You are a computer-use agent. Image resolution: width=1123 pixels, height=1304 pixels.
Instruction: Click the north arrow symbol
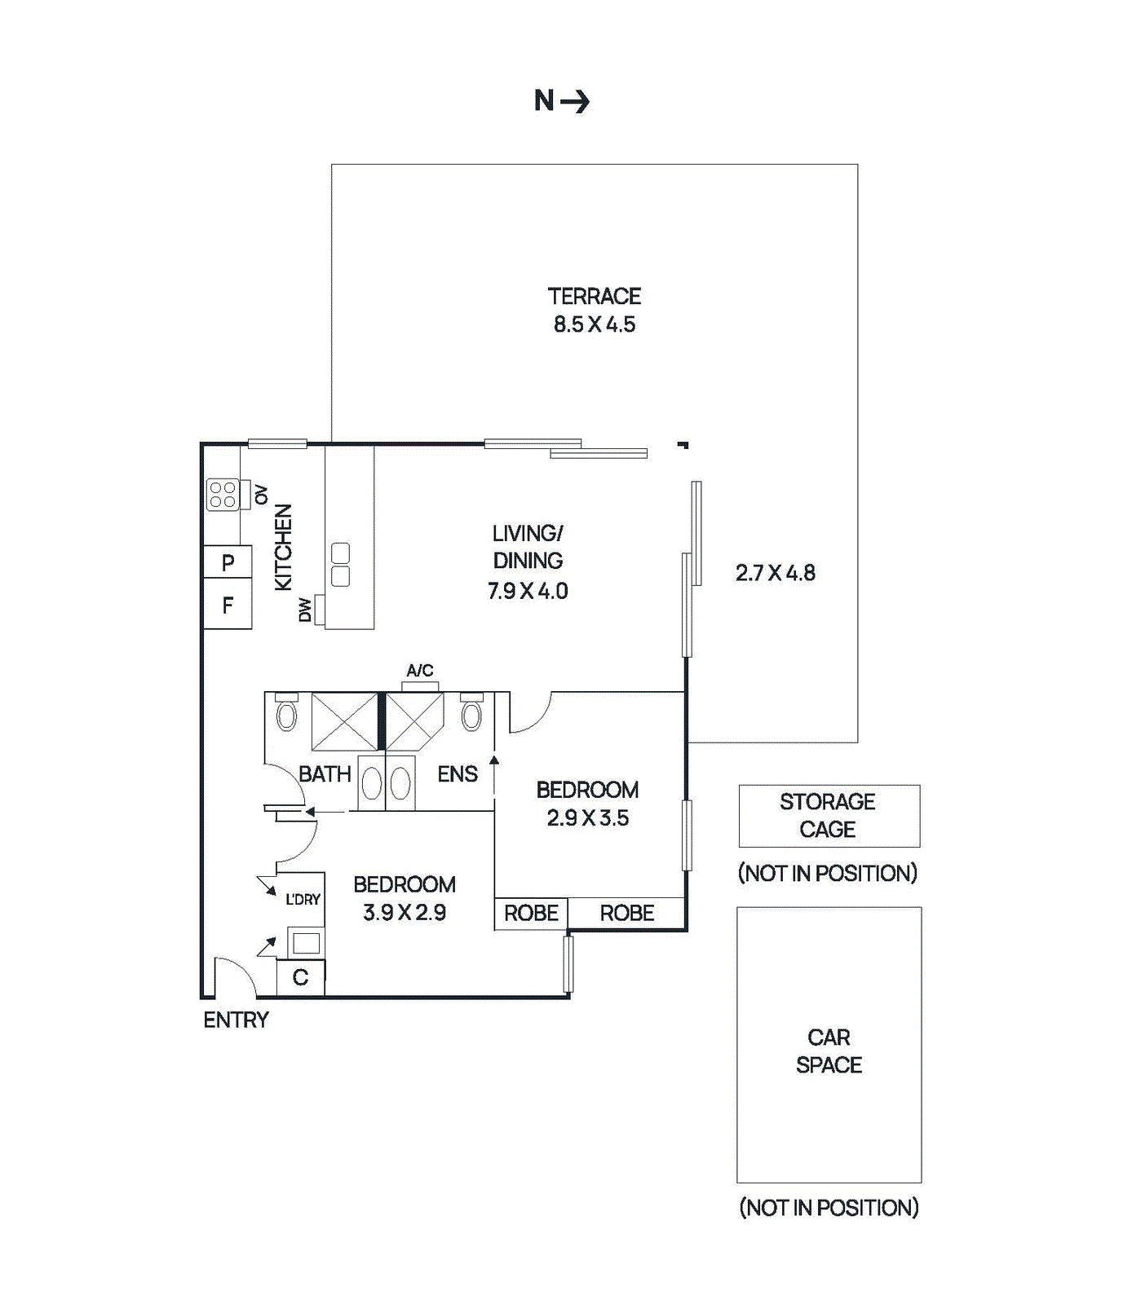(574, 101)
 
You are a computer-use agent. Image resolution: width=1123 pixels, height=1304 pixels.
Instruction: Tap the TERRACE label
(594, 296)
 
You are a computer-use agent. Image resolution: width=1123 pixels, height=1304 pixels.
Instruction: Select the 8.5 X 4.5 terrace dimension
(594, 324)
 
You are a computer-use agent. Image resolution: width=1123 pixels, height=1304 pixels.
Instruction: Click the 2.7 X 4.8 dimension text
(775, 573)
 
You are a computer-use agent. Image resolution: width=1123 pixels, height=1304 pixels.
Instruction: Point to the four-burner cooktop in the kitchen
(222, 495)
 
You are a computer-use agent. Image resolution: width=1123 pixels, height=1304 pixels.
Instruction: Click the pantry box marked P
(228, 562)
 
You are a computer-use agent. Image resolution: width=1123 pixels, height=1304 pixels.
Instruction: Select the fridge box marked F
(228, 605)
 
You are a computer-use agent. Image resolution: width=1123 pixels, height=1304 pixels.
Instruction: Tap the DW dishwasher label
(305, 610)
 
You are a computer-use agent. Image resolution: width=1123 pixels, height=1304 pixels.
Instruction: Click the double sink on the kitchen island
(341, 564)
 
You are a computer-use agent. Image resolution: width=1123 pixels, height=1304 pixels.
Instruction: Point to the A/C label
(420, 670)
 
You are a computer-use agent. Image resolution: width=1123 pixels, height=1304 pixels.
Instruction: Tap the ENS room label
(457, 773)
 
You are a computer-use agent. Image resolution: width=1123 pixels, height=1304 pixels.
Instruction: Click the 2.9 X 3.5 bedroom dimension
(587, 817)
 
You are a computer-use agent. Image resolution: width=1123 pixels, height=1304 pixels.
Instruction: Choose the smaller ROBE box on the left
(531, 913)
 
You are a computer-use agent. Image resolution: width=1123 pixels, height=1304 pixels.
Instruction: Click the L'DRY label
(303, 899)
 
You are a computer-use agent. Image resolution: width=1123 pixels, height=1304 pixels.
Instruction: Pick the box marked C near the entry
(300, 977)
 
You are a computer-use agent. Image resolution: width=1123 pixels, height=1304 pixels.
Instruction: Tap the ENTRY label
(236, 1020)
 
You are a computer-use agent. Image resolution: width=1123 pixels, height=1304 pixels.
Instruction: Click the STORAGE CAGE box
(829, 816)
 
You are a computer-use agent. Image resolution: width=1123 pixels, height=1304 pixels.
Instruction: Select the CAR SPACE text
(829, 1051)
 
